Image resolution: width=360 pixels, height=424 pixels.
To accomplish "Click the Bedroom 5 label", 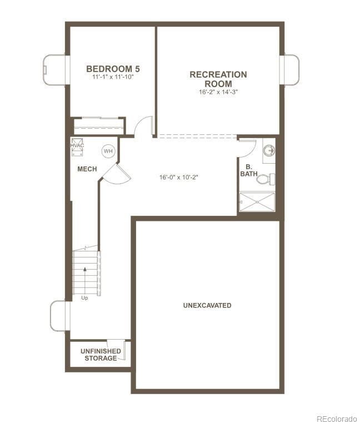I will tap(113, 69).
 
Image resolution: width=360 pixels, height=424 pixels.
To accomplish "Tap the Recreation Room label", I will tap(218, 79).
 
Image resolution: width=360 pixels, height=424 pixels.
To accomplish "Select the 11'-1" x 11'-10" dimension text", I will tap(113, 78).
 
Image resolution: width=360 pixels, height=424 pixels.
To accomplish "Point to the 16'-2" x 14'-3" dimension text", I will tap(218, 92).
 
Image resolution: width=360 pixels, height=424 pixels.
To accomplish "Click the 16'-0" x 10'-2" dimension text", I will tap(179, 178).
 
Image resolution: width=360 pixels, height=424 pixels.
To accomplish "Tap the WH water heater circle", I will tap(108, 151).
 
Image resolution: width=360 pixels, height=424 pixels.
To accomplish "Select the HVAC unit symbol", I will tap(77, 145).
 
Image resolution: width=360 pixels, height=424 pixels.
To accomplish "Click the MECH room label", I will tap(87, 169).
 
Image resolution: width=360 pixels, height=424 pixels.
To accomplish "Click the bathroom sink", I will tap(269, 150).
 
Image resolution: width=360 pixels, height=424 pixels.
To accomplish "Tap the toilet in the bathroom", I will tap(267, 179).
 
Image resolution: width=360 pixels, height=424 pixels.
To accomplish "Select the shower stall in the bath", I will tap(257, 201).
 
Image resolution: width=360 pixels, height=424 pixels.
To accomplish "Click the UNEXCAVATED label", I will tap(207, 306).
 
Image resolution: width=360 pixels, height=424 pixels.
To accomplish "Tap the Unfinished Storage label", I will tap(101, 355).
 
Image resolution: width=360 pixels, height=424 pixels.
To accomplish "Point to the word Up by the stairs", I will tap(84, 298).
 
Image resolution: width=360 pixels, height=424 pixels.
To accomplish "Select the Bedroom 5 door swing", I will tap(143, 127).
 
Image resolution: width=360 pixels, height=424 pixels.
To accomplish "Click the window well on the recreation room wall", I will tap(292, 70).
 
